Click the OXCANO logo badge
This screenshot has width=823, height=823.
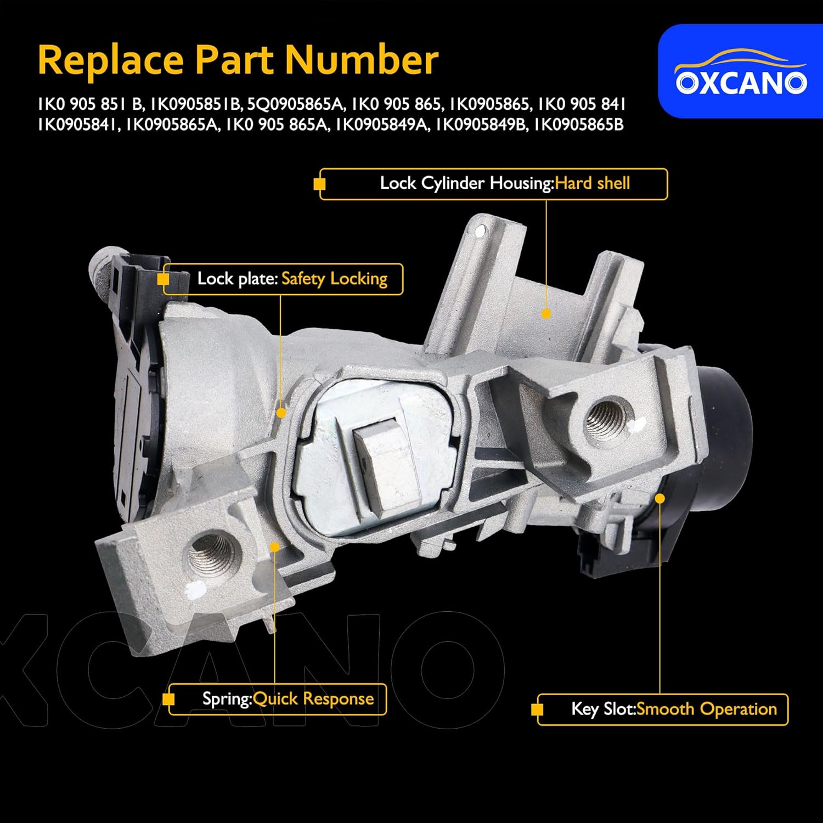740,71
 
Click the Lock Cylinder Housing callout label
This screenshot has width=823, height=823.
494,184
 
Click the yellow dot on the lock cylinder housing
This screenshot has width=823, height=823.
546,314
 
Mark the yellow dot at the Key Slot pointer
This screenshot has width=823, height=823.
660,498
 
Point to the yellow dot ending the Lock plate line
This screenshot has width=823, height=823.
281,413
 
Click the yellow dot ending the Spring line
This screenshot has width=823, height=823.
275,546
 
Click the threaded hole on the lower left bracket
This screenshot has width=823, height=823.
213,554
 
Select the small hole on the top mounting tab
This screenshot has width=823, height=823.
481,232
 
